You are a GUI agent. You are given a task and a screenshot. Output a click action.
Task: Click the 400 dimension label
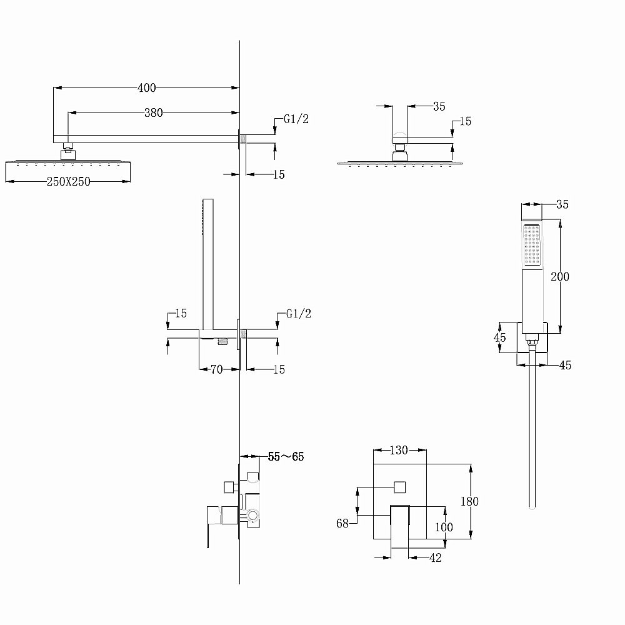click(146, 88)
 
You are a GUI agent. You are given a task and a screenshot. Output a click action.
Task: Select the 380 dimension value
click(153, 113)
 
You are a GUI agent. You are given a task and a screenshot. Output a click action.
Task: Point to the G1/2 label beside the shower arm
click(296, 120)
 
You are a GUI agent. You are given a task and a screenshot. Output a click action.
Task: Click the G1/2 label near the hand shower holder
click(298, 314)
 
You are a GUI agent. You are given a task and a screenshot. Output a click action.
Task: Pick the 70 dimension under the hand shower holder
click(216, 369)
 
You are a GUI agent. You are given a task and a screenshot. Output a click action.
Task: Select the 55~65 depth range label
click(286, 457)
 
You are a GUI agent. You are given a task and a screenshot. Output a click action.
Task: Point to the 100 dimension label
click(443, 527)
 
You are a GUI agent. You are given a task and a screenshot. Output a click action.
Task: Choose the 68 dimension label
click(342, 524)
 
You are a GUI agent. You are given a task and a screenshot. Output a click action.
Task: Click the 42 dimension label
click(435, 558)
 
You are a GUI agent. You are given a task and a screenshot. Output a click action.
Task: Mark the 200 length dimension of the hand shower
click(560, 276)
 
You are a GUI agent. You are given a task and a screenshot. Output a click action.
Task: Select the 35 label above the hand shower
click(561, 204)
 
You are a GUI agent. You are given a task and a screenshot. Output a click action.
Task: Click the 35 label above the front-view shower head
click(439, 106)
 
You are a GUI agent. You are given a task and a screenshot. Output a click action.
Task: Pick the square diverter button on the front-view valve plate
click(399, 486)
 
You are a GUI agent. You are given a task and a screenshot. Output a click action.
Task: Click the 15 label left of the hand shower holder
click(181, 314)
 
